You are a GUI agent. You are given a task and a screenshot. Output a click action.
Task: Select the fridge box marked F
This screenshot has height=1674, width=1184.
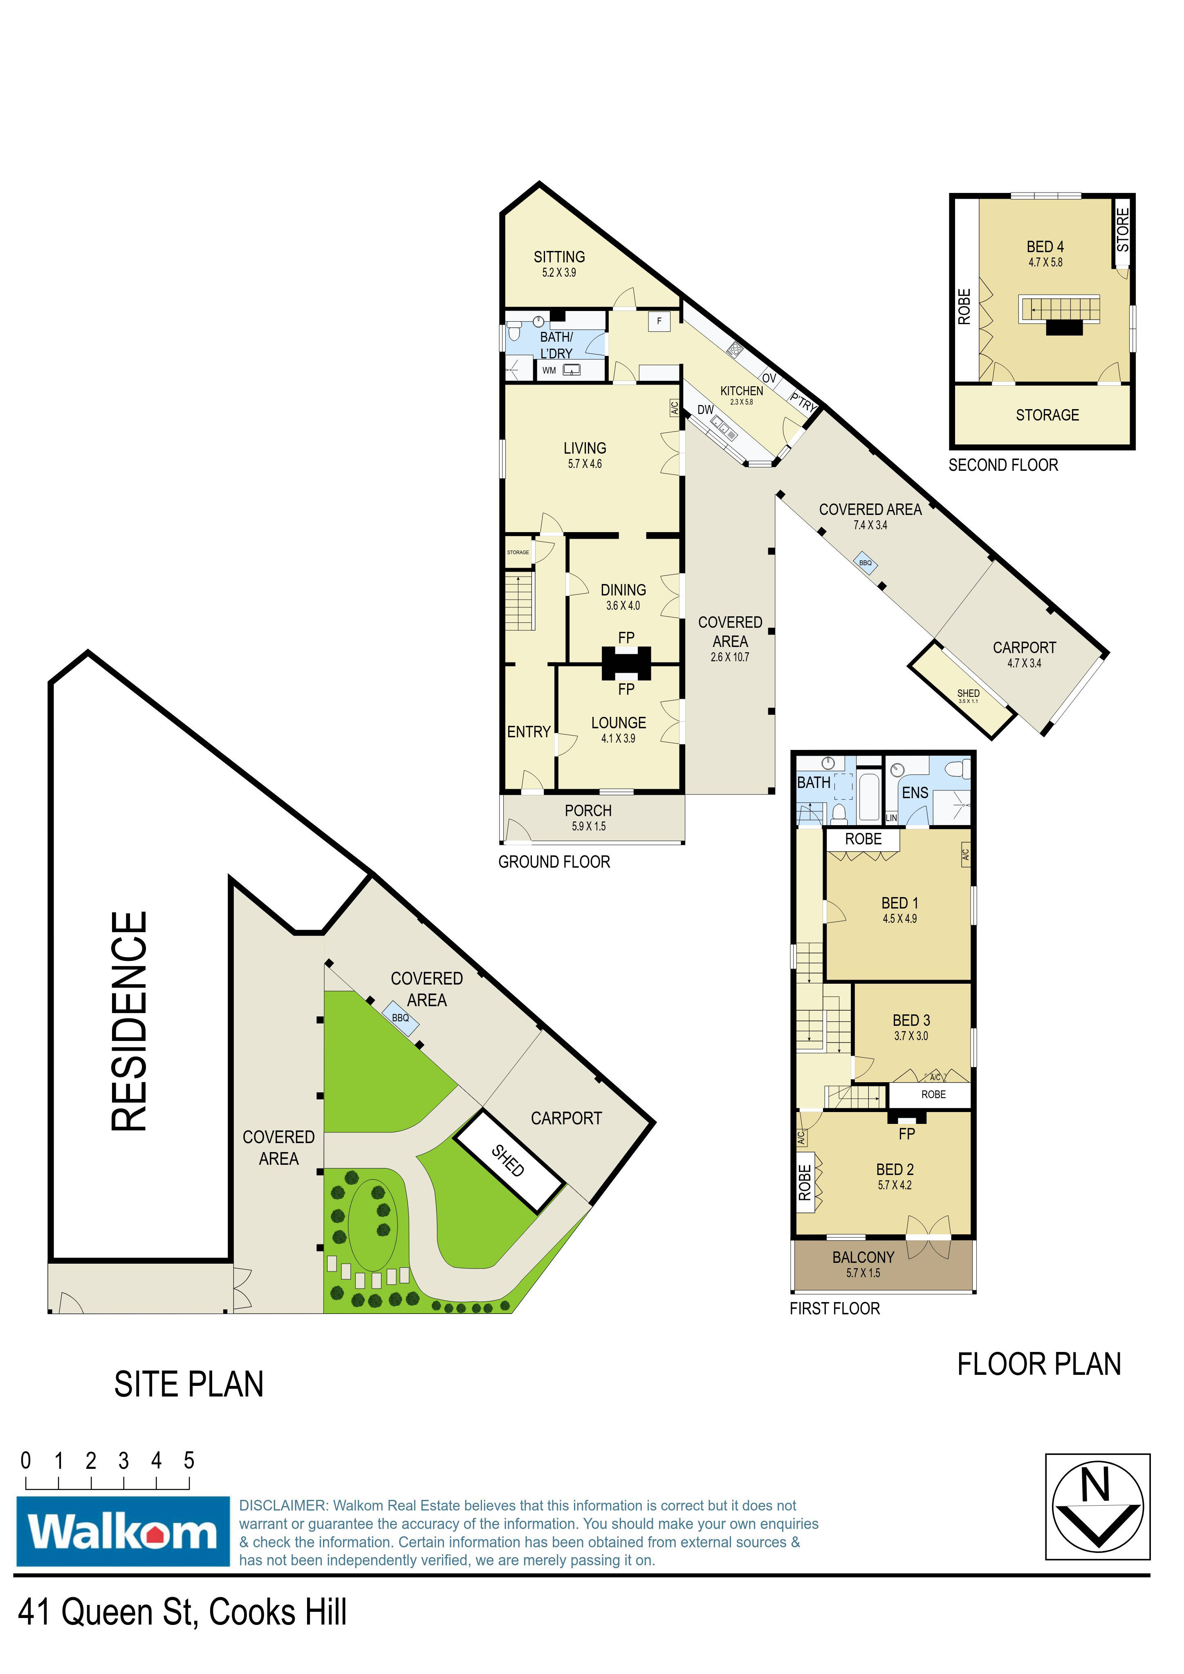pyautogui.click(x=659, y=321)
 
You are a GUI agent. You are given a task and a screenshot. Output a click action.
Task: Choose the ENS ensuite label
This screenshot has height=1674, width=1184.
pyautogui.click(x=915, y=792)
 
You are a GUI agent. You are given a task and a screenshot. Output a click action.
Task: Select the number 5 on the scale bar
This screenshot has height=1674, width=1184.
pyautogui.click(x=189, y=1460)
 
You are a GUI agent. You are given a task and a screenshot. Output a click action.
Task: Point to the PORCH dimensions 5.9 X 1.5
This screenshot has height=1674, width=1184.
pyautogui.click(x=589, y=826)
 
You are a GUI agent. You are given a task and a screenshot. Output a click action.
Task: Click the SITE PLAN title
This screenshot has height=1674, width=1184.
pyautogui.click(x=189, y=1385)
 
